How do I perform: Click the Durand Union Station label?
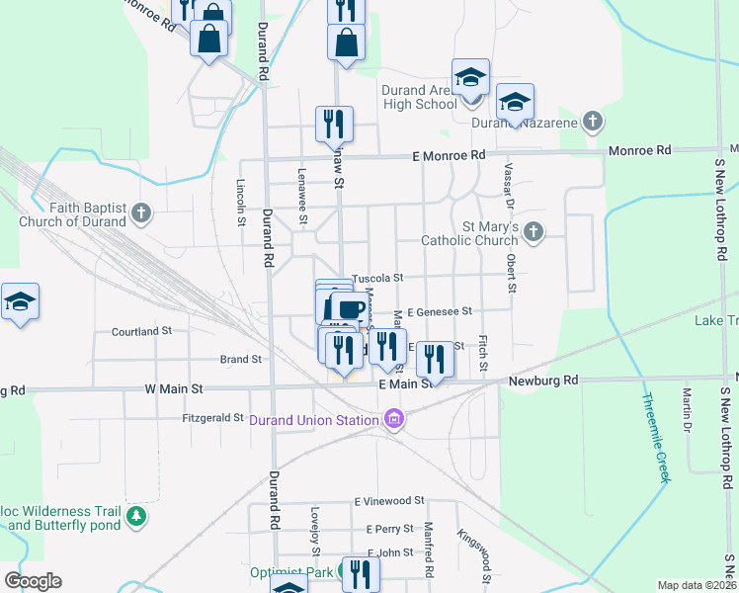click(314, 420)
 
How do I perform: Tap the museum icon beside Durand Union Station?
click(395, 420)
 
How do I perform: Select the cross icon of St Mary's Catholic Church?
click(534, 232)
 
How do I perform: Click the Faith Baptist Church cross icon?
click(141, 212)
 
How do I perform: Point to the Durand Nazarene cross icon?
click(592, 122)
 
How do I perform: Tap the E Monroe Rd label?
click(449, 156)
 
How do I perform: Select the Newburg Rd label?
click(543, 381)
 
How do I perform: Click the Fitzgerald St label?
click(212, 418)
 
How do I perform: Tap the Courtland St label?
click(141, 331)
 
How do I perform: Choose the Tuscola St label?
click(379, 279)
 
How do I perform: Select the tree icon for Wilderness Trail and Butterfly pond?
click(136, 516)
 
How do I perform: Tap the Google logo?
click(33, 581)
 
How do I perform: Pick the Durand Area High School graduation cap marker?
click(471, 77)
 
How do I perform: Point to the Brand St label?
click(240, 360)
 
